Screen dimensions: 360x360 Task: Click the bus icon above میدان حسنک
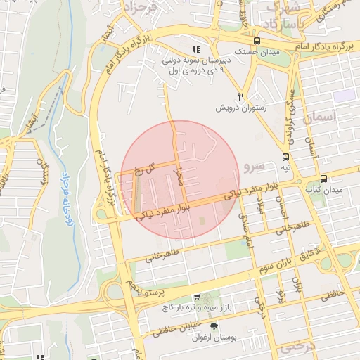coord(257,41)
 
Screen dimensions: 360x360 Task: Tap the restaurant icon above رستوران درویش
coord(240,96)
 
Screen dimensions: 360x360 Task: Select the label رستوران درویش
coord(241,108)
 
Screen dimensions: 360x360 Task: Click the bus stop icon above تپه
coord(285,157)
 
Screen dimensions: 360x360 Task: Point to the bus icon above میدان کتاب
coord(323,179)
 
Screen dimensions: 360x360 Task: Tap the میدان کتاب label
coord(323,190)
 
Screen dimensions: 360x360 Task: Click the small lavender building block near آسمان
coord(344,96)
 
